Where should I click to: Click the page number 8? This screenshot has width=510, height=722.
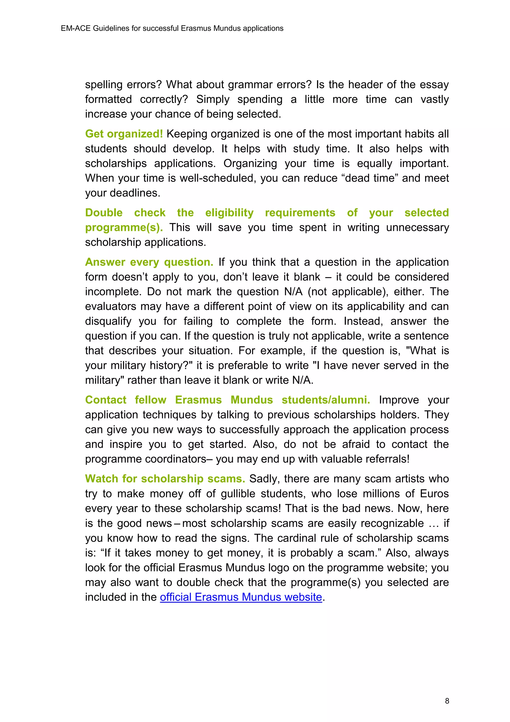[x=447, y=701]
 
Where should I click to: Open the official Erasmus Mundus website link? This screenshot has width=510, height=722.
[x=241, y=597]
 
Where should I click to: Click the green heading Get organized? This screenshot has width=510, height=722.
[x=124, y=134]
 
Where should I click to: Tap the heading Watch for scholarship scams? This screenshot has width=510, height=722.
[x=165, y=479]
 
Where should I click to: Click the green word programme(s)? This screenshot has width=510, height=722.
[x=124, y=228]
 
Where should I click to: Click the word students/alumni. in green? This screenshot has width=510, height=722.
[x=326, y=400]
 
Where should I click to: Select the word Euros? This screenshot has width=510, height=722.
[x=434, y=494]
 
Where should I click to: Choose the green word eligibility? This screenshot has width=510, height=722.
[x=229, y=213]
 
